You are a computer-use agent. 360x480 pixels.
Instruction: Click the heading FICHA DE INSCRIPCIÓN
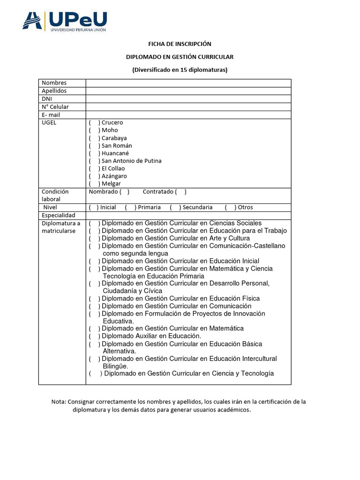[x=180, y=44]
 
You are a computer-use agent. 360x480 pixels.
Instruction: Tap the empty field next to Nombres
[x=188, y=83]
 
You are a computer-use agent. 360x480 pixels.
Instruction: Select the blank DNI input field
[x=188, y=99]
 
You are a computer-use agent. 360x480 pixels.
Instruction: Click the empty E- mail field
[x=188, y=115]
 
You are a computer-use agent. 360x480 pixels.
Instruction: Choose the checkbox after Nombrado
[x=124, y=192]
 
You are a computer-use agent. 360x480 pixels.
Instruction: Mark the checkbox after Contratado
[x=180, y=192]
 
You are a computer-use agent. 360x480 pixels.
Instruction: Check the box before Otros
[x=230, y=207]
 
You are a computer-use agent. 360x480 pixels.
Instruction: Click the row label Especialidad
[x=58, y=215]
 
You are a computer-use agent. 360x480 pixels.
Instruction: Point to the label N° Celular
[x=55, y=107]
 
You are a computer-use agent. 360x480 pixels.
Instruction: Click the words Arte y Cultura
[x=229, y=238]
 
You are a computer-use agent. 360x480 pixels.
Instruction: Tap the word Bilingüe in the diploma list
[x=115, y=366]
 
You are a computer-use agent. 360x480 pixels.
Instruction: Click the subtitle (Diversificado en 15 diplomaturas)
[x=180, y=70]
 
